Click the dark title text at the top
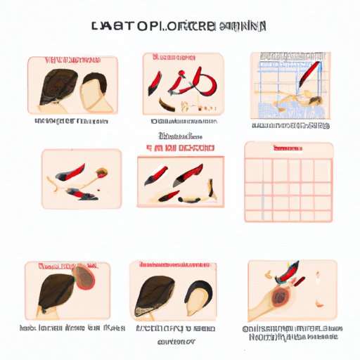pyautogui.click(x=179, y=27)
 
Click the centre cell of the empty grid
pyautogui.click(x=288, y=186)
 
